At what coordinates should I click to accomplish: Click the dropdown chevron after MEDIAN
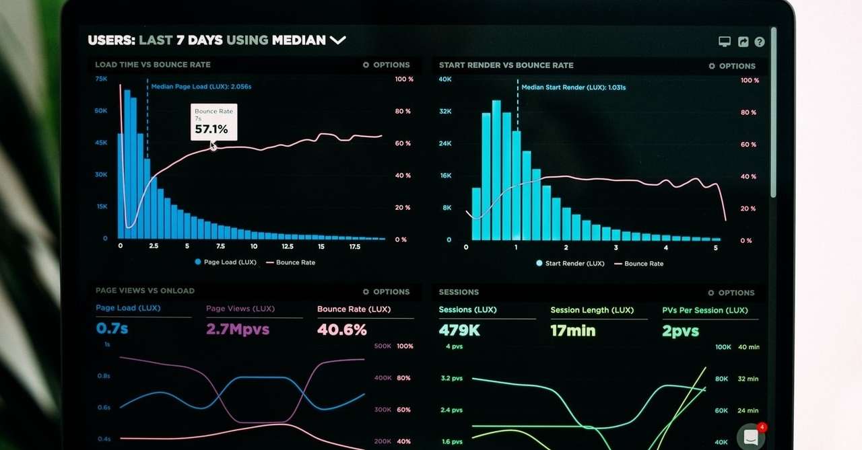tap(337, 40)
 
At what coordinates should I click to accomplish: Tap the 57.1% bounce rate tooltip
tap(213, 122)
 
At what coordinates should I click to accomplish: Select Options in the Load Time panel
tap(386, 65)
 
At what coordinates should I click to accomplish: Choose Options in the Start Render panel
tap(732, 66)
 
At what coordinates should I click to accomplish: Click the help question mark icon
tap(760, 42)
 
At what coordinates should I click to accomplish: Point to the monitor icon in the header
tap(725, 42)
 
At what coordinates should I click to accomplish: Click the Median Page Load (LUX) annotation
tap(201, 87)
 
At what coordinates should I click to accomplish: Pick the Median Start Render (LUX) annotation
tap(573, 87)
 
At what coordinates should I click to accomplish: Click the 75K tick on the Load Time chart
tap(101, 79)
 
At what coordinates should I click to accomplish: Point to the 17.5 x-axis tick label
tap(355, 247)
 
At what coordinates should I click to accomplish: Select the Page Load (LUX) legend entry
tap(226, 262)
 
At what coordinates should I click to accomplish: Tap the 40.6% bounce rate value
tap(342, 330)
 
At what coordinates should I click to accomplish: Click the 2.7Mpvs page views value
tap(238, 329)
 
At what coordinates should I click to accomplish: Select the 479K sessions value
tap(459, 330)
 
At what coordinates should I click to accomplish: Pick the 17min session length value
tap(572, 330)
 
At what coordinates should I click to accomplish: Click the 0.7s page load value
tap(112, 328)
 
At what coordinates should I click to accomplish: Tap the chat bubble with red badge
tap(750, 437)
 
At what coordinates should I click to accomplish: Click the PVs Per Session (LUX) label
tap(704, 310)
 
